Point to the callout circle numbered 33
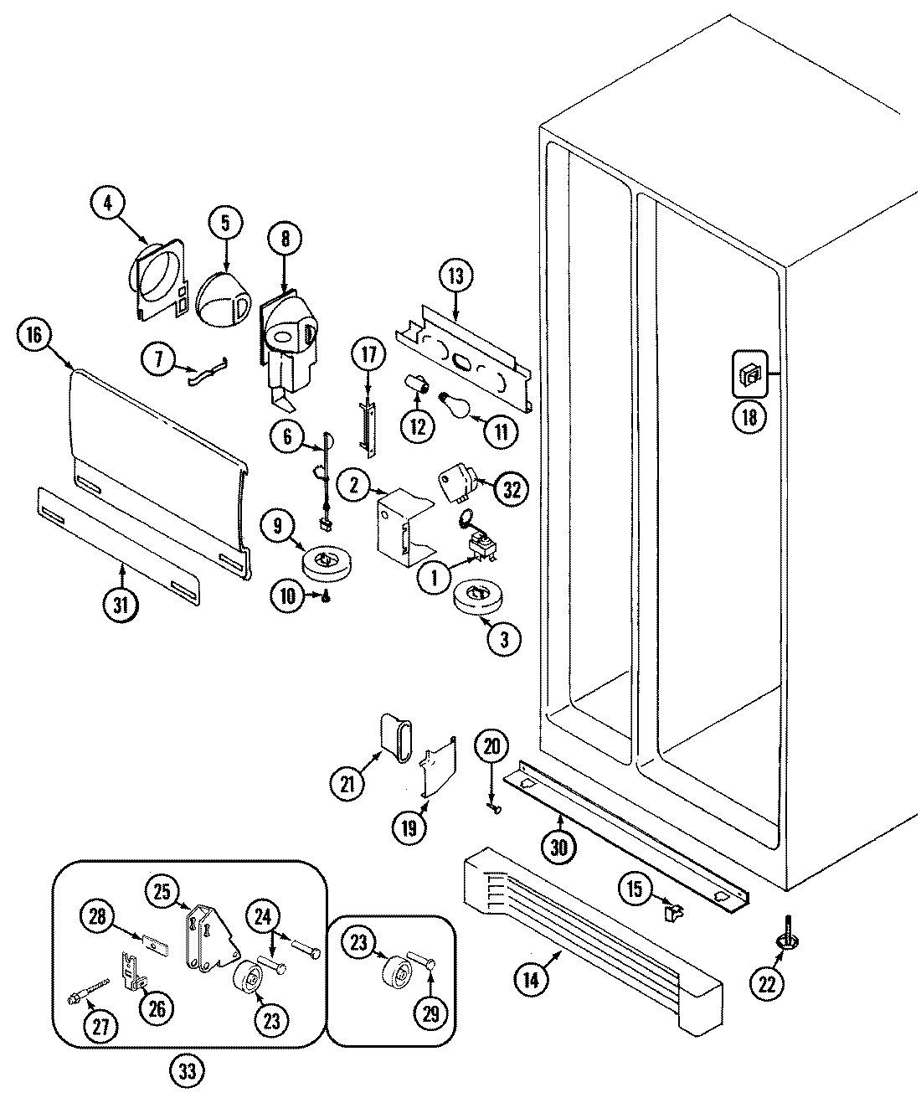(190, 1071)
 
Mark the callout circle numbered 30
(558, 846)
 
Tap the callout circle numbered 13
(455, 277)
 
